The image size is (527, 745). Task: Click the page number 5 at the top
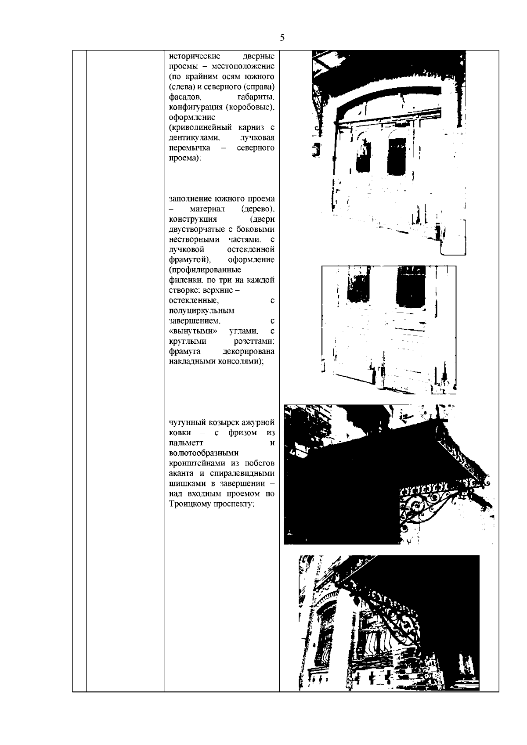pyautogui.click(x=282, y=38)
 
